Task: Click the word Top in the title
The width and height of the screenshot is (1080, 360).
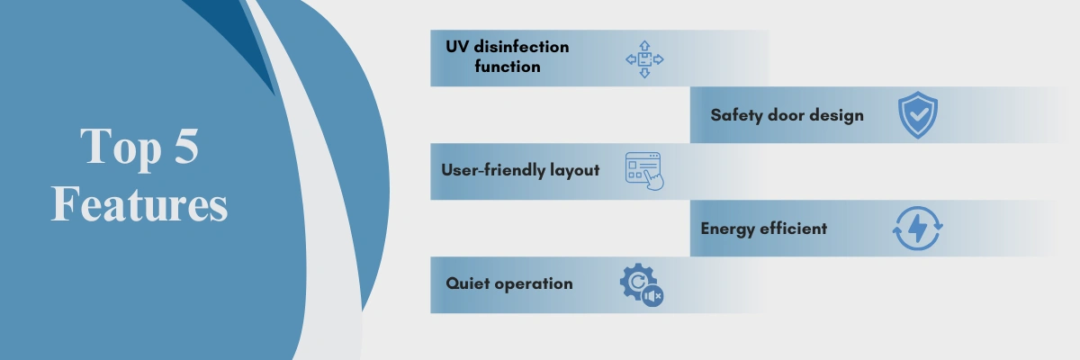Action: tap(121, 148)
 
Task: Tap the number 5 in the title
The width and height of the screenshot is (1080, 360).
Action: tap(186, 146)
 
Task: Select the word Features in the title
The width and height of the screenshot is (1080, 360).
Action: tap(139, 204)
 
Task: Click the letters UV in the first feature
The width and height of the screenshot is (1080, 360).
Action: tap(456, 47)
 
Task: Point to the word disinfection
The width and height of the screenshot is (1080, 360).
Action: tap(521, 46)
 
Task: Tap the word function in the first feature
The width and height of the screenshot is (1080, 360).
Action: tap(508, 66)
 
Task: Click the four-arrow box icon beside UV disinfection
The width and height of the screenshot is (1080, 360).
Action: tap(644, 59)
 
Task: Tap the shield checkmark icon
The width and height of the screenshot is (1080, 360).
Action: tap(918, 114)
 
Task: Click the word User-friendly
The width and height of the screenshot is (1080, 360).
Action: tap(493, 170)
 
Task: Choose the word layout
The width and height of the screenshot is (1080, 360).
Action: tap(575, 171)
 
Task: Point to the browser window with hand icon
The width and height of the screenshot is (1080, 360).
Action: tap(644, 171)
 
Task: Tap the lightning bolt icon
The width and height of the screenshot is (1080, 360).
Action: tap(917, 228)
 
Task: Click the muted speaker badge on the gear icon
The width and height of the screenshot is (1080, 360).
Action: tap(652, 296)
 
